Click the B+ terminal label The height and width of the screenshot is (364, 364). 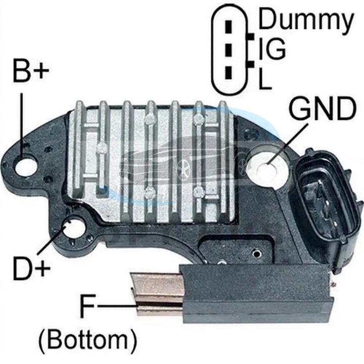tap(31, 71)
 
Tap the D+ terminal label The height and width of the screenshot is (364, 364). tap(32, 268)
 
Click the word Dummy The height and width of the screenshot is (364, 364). tap(306, 20)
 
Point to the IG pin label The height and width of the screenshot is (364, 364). tap(272, 49)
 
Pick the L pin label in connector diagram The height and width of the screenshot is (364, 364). tap(265, 78)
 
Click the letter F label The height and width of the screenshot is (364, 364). tap(87, 306)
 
